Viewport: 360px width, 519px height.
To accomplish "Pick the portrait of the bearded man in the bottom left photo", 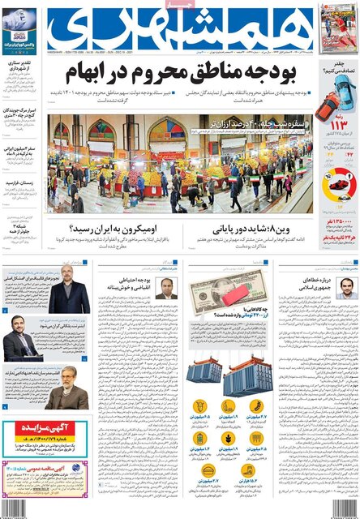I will coord(66,395).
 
